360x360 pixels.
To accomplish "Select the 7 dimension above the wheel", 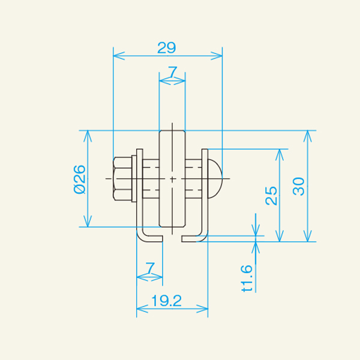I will click(172, 72).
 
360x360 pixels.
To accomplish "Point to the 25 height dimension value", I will click(271, 195).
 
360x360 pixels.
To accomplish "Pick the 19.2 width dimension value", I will click(167, 301).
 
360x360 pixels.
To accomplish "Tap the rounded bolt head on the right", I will click(215, 179).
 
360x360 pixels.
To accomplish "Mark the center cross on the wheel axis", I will click(172, 179).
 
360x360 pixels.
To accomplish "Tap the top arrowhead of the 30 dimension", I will click(308, 134).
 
